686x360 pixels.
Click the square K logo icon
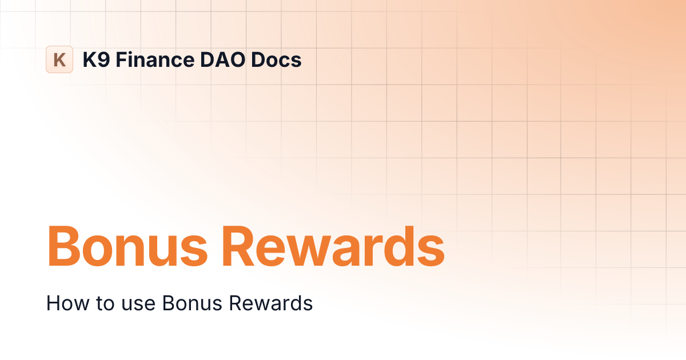pyautogui.click(x=59, y=59)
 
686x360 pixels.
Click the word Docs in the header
pyautogui.click(x=276, y=59)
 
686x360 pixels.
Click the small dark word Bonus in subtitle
pyautogui.click(x=184, y=303)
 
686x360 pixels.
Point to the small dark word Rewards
pyautogui.click(x=270, y=303)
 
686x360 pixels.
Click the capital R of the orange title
pyautogui.click(x=240, y=247)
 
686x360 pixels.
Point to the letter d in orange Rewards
pyautogui.click(x=402, y=247)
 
